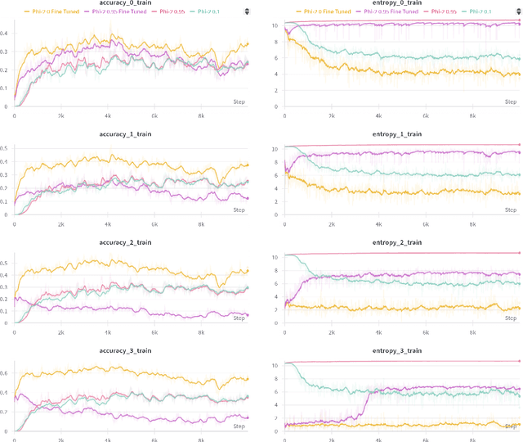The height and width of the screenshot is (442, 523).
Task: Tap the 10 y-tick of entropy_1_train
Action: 275,148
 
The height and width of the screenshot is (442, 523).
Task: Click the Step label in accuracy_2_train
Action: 239,318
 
